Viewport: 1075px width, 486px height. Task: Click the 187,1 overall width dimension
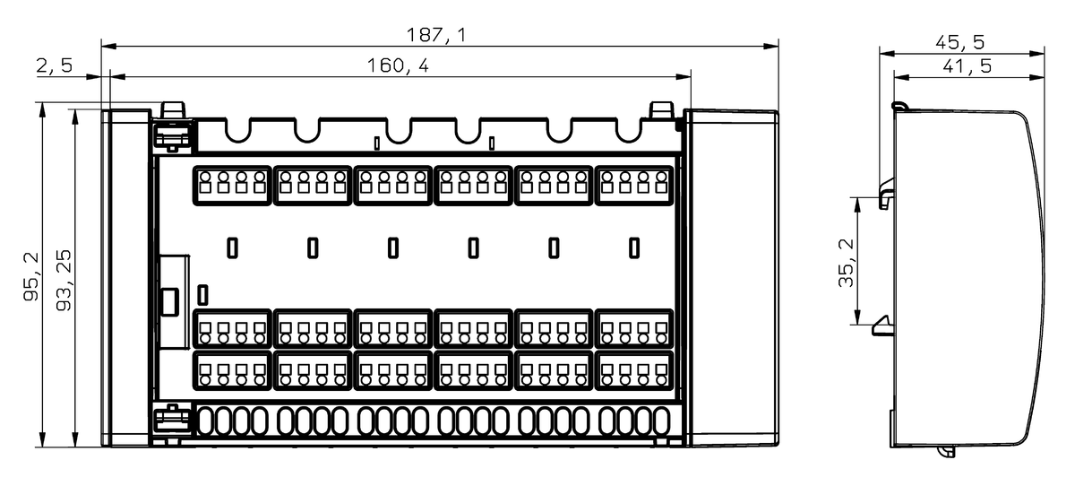(x=436, y=35)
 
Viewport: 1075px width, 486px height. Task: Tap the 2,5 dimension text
(x=55, y=66)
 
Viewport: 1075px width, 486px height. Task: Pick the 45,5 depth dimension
(x=960, y=42)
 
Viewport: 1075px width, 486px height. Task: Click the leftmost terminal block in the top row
(x=232, y=185)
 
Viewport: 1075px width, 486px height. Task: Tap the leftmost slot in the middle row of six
(x=232, y=247)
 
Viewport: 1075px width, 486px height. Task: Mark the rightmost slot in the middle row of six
(x=634, y=247)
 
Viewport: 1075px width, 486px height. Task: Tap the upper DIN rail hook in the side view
(x=887, y=194)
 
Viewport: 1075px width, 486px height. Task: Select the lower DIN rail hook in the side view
(x=885, y=323)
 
